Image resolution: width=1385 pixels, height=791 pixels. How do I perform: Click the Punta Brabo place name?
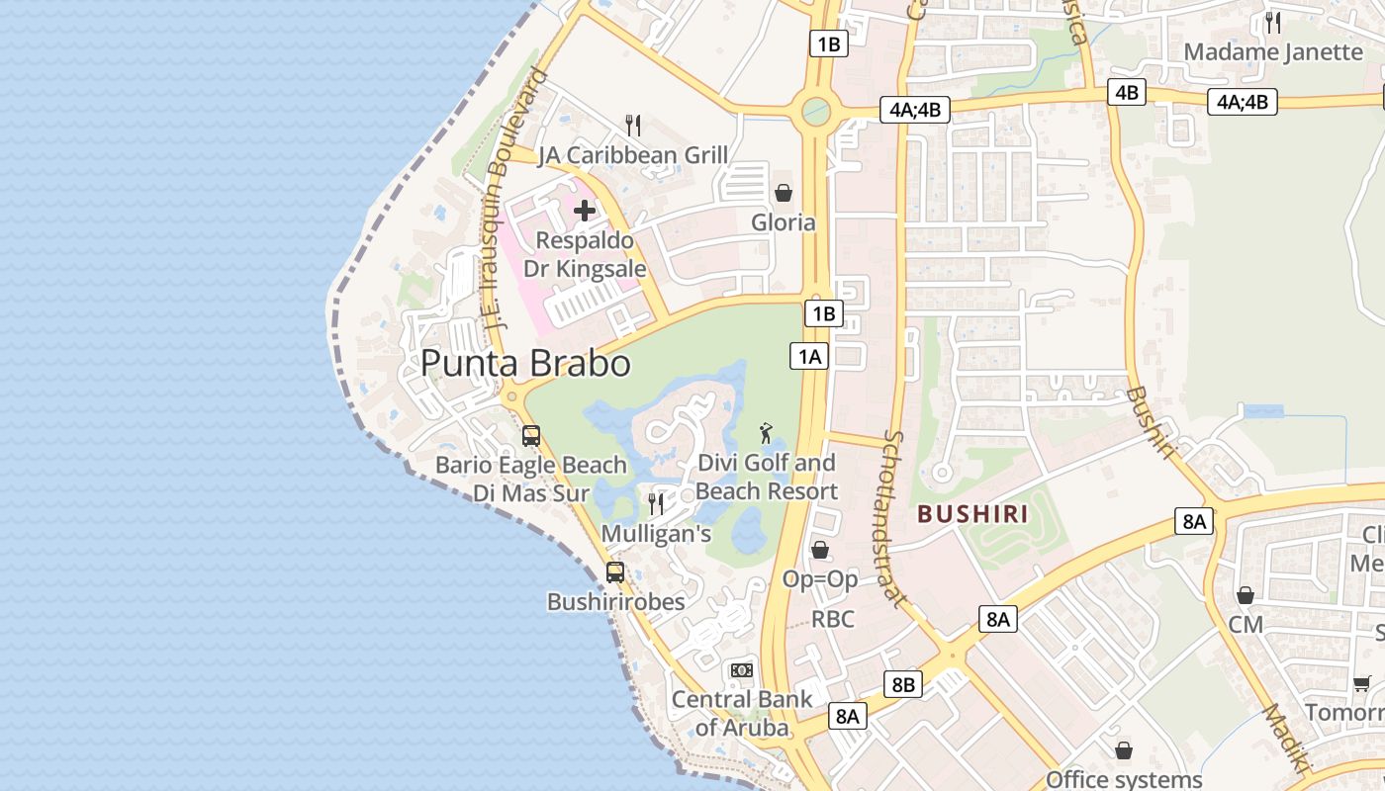[525, 363]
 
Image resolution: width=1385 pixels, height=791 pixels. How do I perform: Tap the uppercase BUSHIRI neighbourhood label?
[972, 514]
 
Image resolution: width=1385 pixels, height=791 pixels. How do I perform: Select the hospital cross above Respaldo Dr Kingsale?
[585, 210]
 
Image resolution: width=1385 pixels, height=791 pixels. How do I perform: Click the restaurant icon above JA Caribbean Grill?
[633, 126]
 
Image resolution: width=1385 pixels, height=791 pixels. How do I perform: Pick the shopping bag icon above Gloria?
[784, 192]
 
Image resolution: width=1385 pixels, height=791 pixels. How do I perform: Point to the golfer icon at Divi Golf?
[766, 433]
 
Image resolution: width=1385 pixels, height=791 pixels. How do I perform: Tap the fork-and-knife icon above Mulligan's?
[656, 504]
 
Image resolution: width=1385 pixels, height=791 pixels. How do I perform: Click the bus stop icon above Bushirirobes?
[615, 571]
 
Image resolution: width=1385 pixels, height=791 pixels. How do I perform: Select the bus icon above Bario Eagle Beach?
[531, 435]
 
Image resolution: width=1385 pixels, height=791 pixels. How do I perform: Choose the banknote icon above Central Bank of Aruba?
[742, 670]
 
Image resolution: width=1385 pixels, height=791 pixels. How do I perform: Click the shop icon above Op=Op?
[820, 550]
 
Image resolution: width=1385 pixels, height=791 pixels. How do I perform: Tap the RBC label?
[832, 620]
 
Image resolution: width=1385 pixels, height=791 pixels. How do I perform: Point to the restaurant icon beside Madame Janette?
[1273, 23]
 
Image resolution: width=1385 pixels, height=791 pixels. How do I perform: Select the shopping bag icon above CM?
[1246, 595]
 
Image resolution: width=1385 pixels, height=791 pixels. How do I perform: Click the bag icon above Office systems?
[1124, 750]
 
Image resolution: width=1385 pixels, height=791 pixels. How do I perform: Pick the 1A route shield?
[809, 356]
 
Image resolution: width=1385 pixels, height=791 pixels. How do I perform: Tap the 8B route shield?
[903, 684]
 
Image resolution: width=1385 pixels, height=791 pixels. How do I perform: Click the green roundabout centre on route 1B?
[816, 111]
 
